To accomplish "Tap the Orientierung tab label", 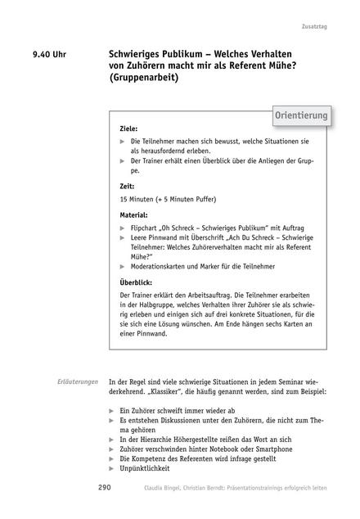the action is click(300, 115).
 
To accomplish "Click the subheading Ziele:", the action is click(128, 129).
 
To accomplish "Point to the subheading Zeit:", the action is click(127, 187).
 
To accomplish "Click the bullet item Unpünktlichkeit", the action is click(147, 469).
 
